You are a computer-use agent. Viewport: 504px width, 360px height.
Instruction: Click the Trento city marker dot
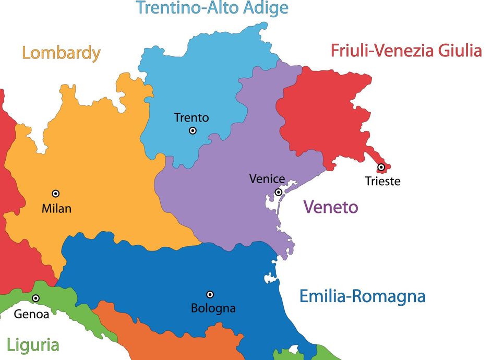[x=193, y=130]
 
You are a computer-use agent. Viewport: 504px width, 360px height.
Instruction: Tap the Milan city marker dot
[x=55, y=194]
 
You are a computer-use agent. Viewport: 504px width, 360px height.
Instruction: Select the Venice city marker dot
[x=279, y=193]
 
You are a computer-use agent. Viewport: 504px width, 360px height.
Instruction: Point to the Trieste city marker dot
[x=381, y=167]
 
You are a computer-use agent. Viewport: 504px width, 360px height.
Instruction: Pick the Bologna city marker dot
[x=210, y=295]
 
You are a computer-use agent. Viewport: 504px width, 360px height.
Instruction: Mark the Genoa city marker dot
[x=35, y=298]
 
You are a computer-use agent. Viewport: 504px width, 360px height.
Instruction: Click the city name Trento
[x=191, y=117]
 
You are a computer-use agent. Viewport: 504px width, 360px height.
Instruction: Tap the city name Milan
[x=56, y=209]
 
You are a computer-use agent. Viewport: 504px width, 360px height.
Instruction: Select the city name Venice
[x=267, y=179]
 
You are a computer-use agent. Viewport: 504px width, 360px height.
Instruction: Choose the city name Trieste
[x=382, y=181]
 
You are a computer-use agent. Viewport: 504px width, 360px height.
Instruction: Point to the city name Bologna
[x=213, y=308]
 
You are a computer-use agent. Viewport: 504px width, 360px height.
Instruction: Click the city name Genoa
[x=31, y=314]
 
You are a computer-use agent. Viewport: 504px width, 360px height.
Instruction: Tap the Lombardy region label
[x=61, y=53]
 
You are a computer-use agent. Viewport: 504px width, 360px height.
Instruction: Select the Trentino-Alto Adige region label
[x=212, y=8]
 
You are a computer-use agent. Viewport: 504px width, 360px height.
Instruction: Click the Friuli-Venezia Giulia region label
[x=406, y=51]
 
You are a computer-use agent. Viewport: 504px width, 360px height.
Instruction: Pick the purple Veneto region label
[x=331, y=207]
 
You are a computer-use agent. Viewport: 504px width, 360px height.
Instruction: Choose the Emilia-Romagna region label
[x=362, y=296]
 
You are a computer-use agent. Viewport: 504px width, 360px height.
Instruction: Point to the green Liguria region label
[x=33, y=345]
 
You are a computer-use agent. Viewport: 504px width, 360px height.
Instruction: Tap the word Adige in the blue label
[x=267, y=8]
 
